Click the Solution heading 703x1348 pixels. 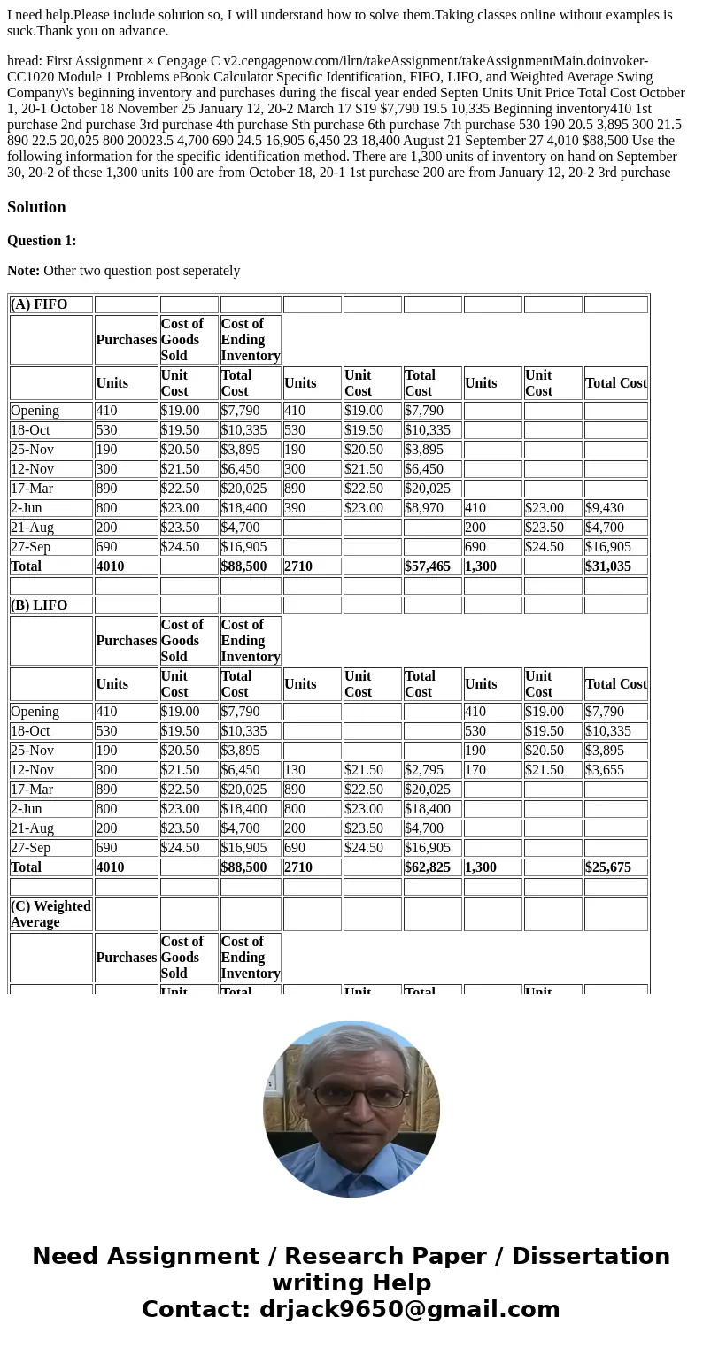36,207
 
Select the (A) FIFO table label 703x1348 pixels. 39,304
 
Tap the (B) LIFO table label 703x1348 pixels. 39,605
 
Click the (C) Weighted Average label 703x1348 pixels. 50,913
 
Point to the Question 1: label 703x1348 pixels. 42,241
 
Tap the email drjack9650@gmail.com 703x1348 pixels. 409,1310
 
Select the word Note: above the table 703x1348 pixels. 23,271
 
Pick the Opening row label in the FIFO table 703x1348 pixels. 35,411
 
